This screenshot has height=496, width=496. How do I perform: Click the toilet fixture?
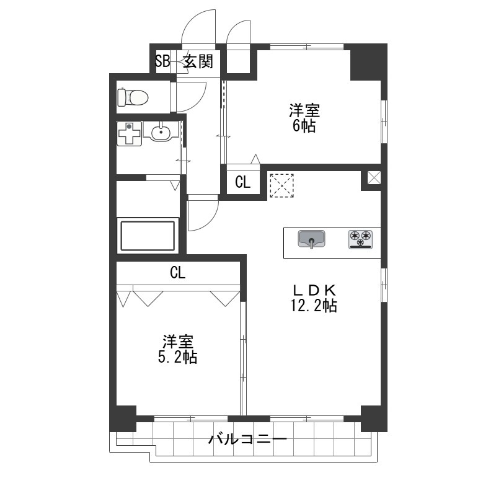point(133,97)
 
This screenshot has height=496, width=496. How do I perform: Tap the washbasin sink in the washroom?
point(161,131)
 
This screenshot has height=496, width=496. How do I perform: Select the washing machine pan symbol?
point(129,133)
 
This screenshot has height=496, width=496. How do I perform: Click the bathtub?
point(148,236)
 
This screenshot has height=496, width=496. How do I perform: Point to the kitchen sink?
point(312,239)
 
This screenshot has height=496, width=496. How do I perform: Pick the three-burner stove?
point(361,239)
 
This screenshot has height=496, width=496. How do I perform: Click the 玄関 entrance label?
point(198,61)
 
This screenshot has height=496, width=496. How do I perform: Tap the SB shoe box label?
point(162,61)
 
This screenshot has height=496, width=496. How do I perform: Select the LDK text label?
point(314,290)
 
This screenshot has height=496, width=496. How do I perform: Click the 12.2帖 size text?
point(314,306)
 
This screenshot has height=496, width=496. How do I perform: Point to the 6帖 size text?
point(304,126)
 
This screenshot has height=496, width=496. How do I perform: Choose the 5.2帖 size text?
point(177,358)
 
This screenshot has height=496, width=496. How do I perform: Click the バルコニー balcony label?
point(247,439)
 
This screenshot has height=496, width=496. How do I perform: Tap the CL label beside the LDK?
point(243,182)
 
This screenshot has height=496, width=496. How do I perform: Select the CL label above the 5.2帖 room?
point(177,272)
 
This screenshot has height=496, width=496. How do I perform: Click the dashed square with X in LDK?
point(281,185)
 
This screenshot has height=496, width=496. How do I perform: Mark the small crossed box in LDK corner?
point(374,177)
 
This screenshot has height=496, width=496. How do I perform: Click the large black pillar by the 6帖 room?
point(368,61)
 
